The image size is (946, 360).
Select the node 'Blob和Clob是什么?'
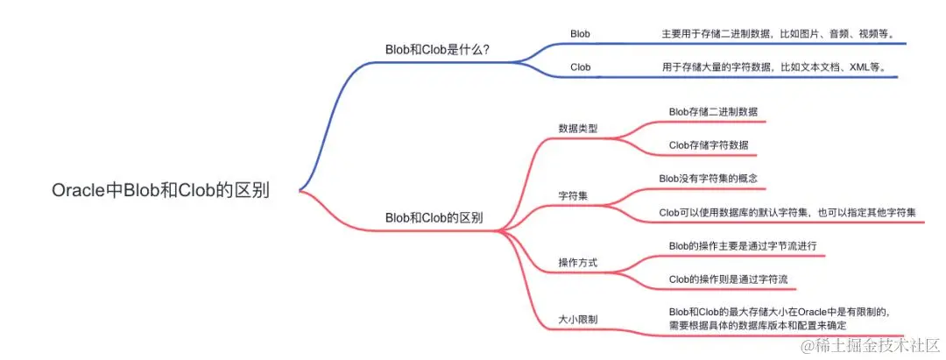click(x=437, y=50)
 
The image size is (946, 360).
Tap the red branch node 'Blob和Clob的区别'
click(x=434, y=217)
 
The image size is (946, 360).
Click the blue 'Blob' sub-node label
click(x=580, y=34)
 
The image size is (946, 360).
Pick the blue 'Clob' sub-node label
click(x=580, y=67)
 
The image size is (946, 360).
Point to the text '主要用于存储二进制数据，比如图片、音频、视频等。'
click(x=777, y=34)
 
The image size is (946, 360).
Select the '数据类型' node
click(x=578, y=128)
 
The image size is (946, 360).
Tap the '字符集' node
click(x=573, y=194)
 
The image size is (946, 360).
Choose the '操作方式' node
click(x=578, y=263)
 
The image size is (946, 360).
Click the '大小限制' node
click(x=578, y=318)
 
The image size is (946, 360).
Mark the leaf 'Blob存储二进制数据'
click(x=713, y=111)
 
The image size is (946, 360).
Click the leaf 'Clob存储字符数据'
click(x=709, y=145)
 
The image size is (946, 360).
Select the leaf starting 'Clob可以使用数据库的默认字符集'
click(x=787, y=212)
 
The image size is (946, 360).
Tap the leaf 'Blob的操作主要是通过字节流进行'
click(x=743, y=246)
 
